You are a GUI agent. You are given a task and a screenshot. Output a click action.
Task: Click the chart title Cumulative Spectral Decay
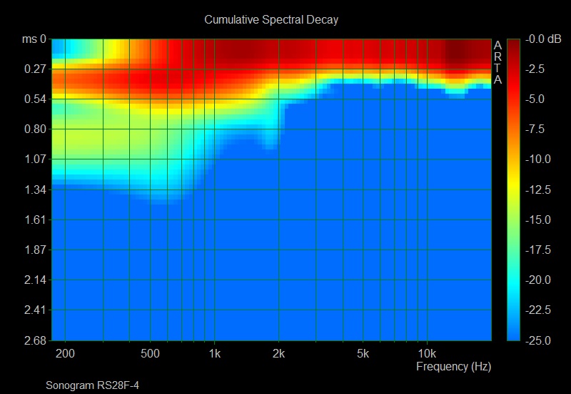tap(271, 20)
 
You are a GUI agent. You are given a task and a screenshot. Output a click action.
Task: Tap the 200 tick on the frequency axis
tap(65, 354)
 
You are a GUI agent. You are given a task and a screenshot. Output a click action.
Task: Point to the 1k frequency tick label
tap(213, 354)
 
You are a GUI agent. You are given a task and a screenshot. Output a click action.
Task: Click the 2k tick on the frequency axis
tap(278, 354)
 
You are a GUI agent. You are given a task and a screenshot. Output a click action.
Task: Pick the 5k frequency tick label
tap(363, 354)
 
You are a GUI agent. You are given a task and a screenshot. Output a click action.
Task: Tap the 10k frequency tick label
tap(426, 354)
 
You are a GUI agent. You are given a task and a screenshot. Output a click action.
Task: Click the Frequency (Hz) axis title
tap(453, 367)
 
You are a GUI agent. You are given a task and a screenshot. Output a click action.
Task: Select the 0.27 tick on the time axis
tap(35, 69)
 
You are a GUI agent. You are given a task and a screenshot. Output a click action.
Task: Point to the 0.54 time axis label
tap(35, 99)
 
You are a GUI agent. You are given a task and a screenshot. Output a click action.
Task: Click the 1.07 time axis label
tap(35, 159)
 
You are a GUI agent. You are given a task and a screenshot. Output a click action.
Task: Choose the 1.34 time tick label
tap(35, 189)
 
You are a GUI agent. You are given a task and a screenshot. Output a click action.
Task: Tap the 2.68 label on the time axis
tap(35, 340)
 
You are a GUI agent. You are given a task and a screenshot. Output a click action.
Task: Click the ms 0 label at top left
tap(33, 40)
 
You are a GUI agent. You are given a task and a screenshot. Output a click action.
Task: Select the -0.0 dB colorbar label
tap(544, 39)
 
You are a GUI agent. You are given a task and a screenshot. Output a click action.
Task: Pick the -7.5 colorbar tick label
tap(542, 129)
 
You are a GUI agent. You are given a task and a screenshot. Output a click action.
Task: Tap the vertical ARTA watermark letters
tap(497, 63)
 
